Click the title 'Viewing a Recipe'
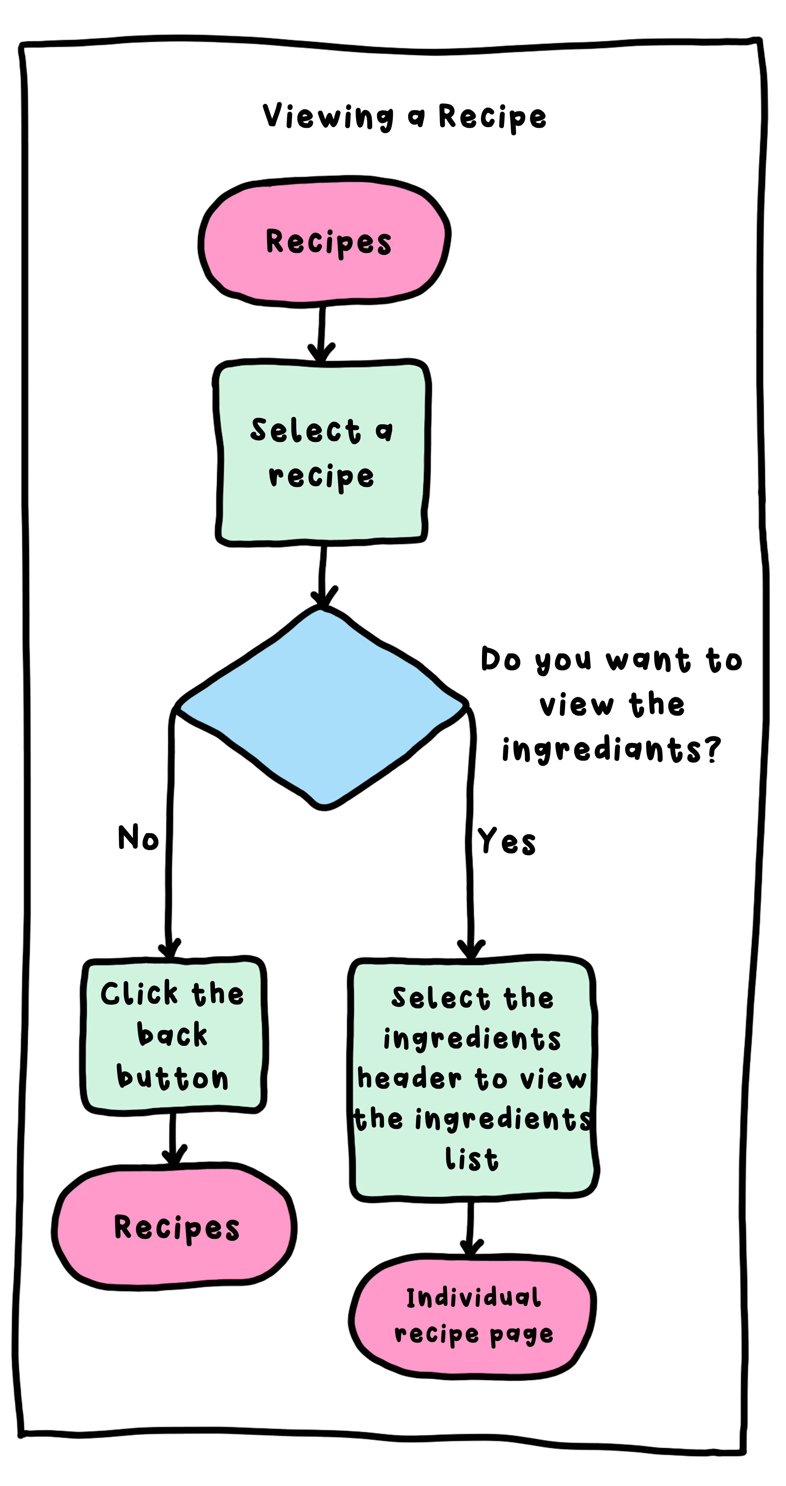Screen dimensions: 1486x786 (x=404, y=116)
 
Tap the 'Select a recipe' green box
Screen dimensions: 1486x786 (x=322, y=453)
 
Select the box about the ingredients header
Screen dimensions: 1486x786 (x=472, y=1079)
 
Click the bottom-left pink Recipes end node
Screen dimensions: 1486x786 (x=175, y=1228)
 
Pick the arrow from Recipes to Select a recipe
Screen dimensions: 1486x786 (x=321, y=332)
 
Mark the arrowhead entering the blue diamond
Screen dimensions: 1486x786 (x=323, y=597)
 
